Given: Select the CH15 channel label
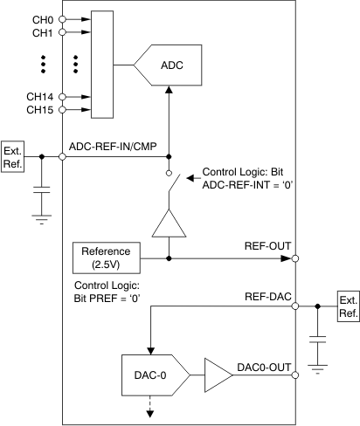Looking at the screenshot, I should click(x=40, y=110).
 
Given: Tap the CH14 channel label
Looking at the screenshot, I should click(x=40, y=97).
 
